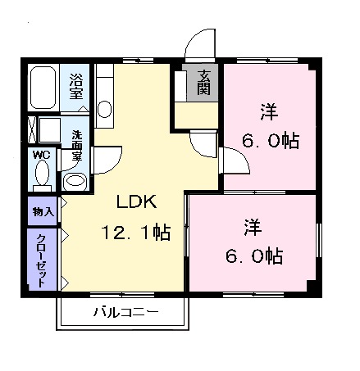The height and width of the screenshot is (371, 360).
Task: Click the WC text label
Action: click(x=42, y=153)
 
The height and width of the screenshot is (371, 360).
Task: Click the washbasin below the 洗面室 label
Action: click(x=75, y=181)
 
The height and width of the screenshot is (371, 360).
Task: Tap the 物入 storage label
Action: click(x=43, y=211)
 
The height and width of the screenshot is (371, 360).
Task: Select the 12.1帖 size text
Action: click(x=136, y=233)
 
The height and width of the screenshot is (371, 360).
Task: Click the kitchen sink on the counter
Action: click(x=104, y=108)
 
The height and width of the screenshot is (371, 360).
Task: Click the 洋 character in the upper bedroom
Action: click(x=267, y=109)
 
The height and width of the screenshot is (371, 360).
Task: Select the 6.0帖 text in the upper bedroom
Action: click(x=268, y=140)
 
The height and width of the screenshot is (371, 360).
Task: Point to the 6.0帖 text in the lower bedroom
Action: click(x=253, y=256)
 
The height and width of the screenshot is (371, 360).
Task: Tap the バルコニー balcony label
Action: click(x=125, y=312)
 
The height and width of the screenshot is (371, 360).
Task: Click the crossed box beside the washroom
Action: click(x=32, y=132)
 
